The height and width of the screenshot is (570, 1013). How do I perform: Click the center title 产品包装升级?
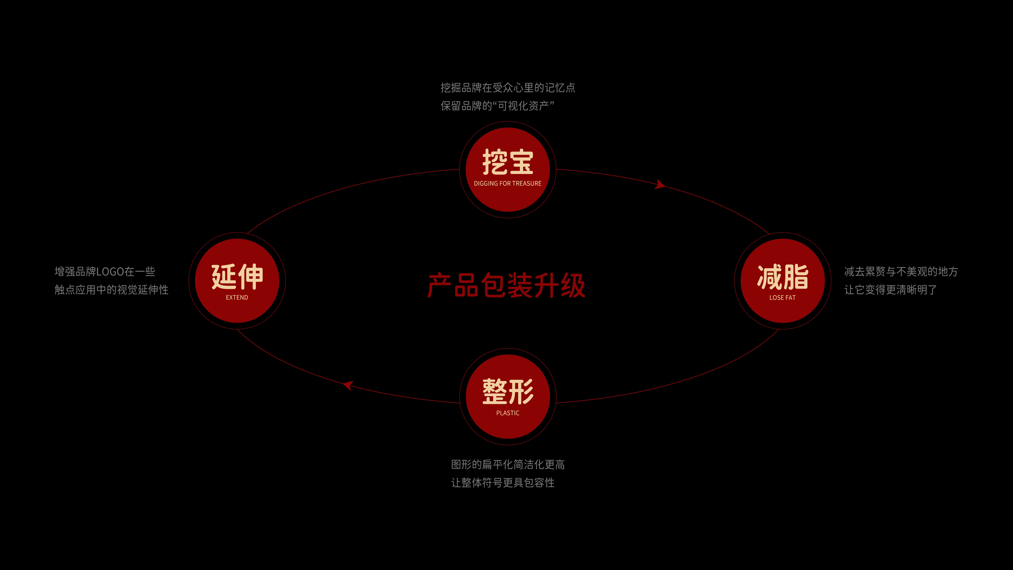point(506,285)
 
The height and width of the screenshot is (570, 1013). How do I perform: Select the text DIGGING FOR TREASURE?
point(508,183)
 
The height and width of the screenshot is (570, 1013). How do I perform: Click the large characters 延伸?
point(237,276)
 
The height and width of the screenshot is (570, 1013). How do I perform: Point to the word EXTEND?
point(237,297)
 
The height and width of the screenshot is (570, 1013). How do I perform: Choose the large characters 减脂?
point(783,276)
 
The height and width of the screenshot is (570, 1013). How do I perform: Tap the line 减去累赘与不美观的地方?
point(901,271)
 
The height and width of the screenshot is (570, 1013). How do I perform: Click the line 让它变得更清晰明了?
point(890,290)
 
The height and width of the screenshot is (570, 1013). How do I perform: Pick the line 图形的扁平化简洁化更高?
point(508,465)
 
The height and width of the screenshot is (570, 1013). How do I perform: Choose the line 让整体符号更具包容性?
point(503,483)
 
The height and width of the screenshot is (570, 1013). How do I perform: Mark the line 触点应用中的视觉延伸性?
point(111,290)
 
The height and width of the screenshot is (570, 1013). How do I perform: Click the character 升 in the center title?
point(547,285)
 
